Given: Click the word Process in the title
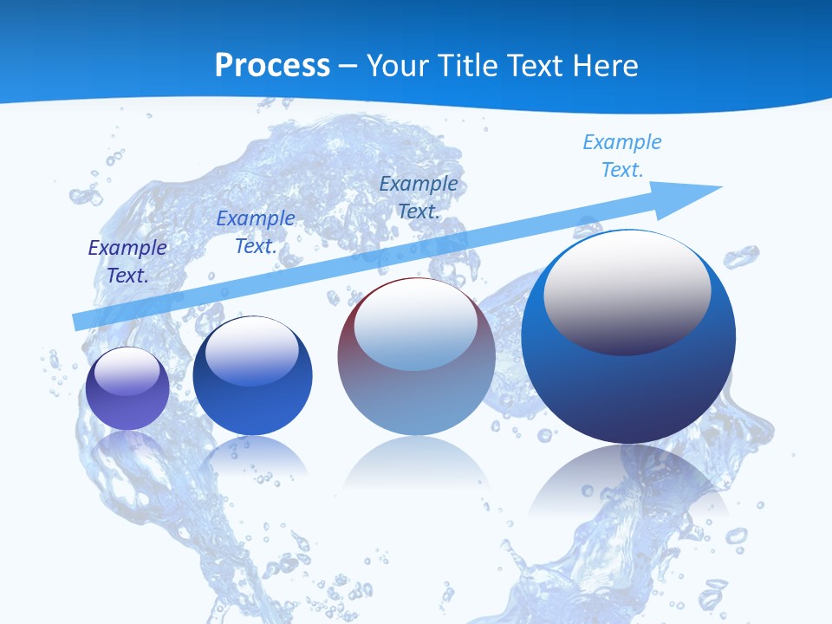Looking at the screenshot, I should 272,65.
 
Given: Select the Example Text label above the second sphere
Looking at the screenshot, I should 256,232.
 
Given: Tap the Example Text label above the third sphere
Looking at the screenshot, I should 419,198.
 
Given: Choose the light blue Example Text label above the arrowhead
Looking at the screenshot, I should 622,156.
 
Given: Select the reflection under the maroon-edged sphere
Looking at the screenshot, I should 416,468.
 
